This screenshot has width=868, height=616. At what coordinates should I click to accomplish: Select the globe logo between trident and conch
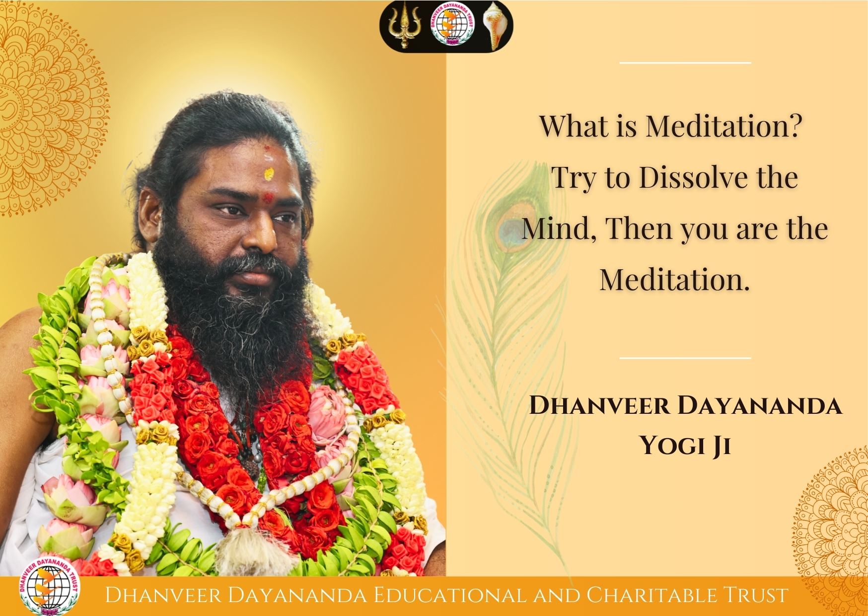click(x=452, y=25)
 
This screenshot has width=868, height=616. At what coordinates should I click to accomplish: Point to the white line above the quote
click(x=685, y=63)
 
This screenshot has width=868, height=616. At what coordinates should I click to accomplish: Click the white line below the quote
click(x=685, y=358)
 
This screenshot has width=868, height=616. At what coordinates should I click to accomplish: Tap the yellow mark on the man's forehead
click(x=269, y=173)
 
